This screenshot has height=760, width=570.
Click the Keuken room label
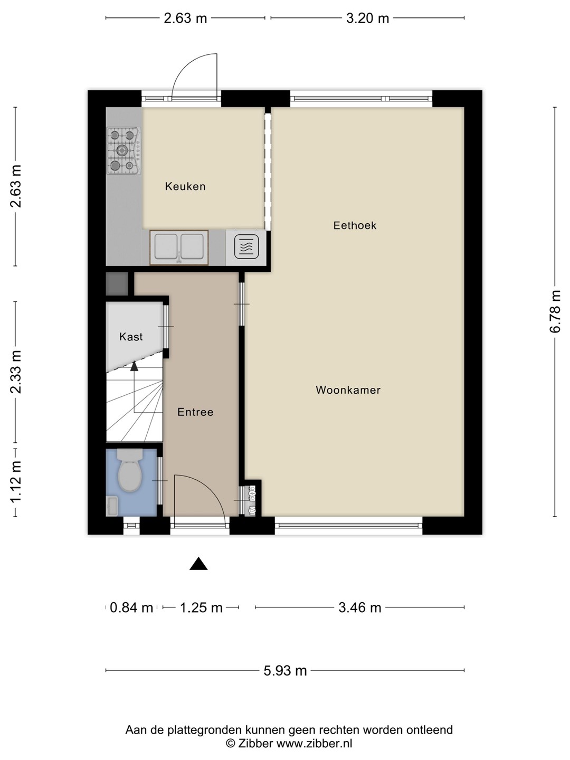(x=185, y=186)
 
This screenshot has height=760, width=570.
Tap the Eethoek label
(x=355, y=225)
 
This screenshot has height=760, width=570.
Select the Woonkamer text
(x=348, y=390)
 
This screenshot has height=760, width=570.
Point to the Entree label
(x=195, y=412)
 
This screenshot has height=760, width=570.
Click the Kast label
(x=131, y=337)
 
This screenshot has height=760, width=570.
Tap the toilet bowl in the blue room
(x=130, y=470)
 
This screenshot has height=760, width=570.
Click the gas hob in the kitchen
(x=124, y=150)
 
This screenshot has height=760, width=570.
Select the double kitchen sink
(x=179, y=248)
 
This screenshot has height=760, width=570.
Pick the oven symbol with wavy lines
(x=246, y=247)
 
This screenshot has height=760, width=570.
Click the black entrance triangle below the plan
(x=198, y=564)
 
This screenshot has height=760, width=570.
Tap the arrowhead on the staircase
(x=134, y=366)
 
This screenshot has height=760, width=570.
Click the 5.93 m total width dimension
(x=285, y=671)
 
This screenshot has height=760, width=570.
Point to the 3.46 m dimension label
(x=359, y=607)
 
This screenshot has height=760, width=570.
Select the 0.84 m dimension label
(x=131, y=607)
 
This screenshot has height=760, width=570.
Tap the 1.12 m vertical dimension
(x=16, y=482)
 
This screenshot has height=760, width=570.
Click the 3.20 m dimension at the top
(x=367, y=18)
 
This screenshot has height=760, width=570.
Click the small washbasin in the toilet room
(x=112, y=506)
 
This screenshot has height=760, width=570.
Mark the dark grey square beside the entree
(x=117, y=284)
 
